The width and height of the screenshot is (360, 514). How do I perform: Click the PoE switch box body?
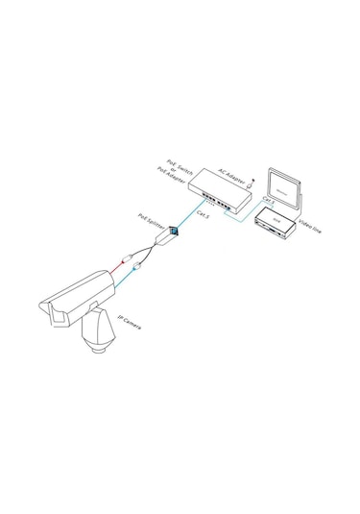click(x=219, y=190)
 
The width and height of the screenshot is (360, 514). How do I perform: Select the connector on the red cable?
click(x=126, y=258)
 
